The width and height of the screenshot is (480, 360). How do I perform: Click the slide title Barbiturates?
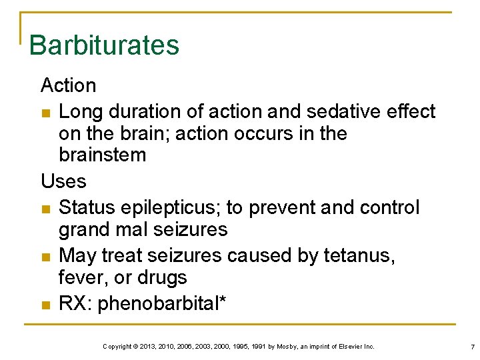[x=104, y=45]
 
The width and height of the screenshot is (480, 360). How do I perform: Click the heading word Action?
[x=68, y=85]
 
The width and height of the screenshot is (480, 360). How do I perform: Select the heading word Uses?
[x=63, y=181]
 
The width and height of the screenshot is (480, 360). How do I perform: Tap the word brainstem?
[x=102, y=155]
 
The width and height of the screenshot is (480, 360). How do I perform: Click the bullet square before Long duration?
[x=45, y=112]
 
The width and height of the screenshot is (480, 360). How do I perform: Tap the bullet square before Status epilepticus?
[x=45, y=209]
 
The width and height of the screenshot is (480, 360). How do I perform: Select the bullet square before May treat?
[x=45, y=257]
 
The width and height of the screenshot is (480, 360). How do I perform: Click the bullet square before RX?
[x=45, y=305]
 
